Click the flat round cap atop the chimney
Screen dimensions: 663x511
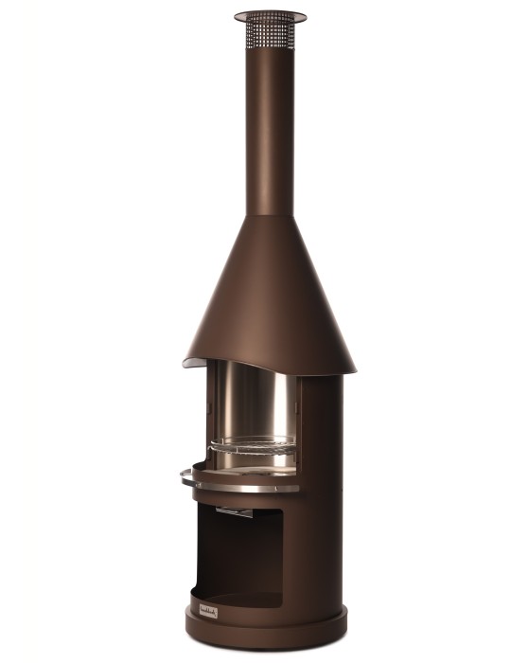[x=271, y=15]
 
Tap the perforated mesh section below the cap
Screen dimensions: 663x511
[x=271, y=35]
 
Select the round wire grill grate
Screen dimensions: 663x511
[x=251, y=442]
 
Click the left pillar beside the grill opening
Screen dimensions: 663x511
[x=200, y=407]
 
